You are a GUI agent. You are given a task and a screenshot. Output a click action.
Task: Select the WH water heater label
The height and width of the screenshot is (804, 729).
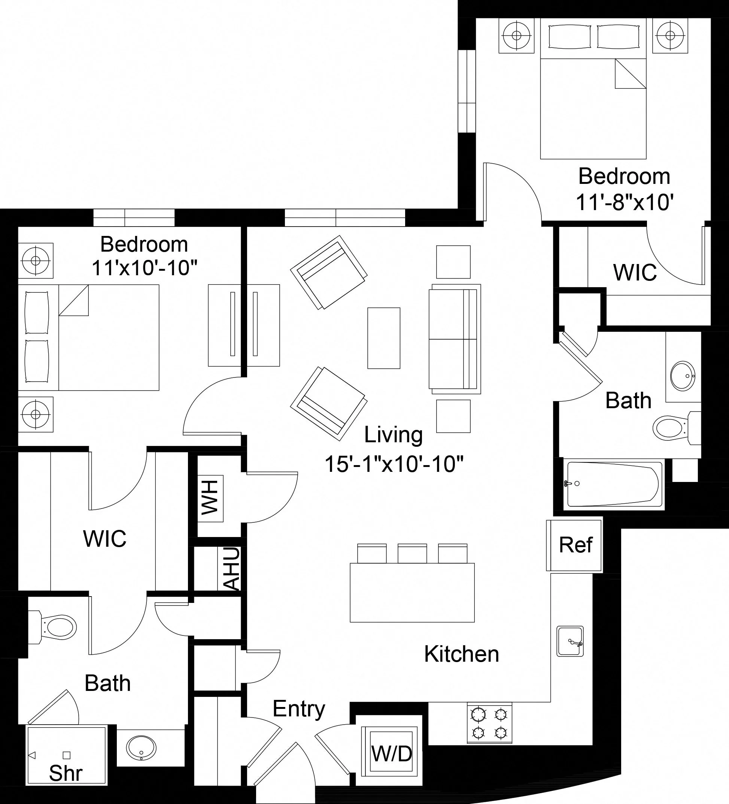pyautogui.click(x=210, y=498)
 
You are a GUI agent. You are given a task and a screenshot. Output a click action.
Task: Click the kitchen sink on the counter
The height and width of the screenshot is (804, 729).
pyautogui.click(x=570, y=641)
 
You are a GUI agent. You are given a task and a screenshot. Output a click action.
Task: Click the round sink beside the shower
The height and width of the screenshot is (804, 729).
pyautogui.click(x=141, y=748)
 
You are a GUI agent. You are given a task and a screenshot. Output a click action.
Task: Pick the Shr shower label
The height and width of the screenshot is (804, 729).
pyautogui.click(x=66, y=774)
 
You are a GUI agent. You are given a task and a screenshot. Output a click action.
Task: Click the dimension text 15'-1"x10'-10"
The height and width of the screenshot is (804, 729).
pyautogui.click(x=394, y=464)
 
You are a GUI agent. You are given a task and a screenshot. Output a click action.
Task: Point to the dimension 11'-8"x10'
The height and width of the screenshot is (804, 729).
pyautogui.click(x=625, y=203)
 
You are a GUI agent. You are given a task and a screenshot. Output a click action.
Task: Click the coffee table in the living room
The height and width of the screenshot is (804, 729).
pyautogui.click(x=384, y=338)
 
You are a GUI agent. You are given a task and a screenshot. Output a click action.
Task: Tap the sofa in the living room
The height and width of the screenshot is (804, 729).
pyautogui.click(x=455, y=337)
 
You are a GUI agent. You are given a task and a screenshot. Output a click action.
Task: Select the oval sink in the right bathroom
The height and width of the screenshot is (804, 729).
pyautogui.click(x=683, y=376)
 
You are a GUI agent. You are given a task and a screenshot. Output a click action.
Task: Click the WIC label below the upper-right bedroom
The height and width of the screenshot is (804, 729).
pyautogui.click(x=635, y=272)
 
